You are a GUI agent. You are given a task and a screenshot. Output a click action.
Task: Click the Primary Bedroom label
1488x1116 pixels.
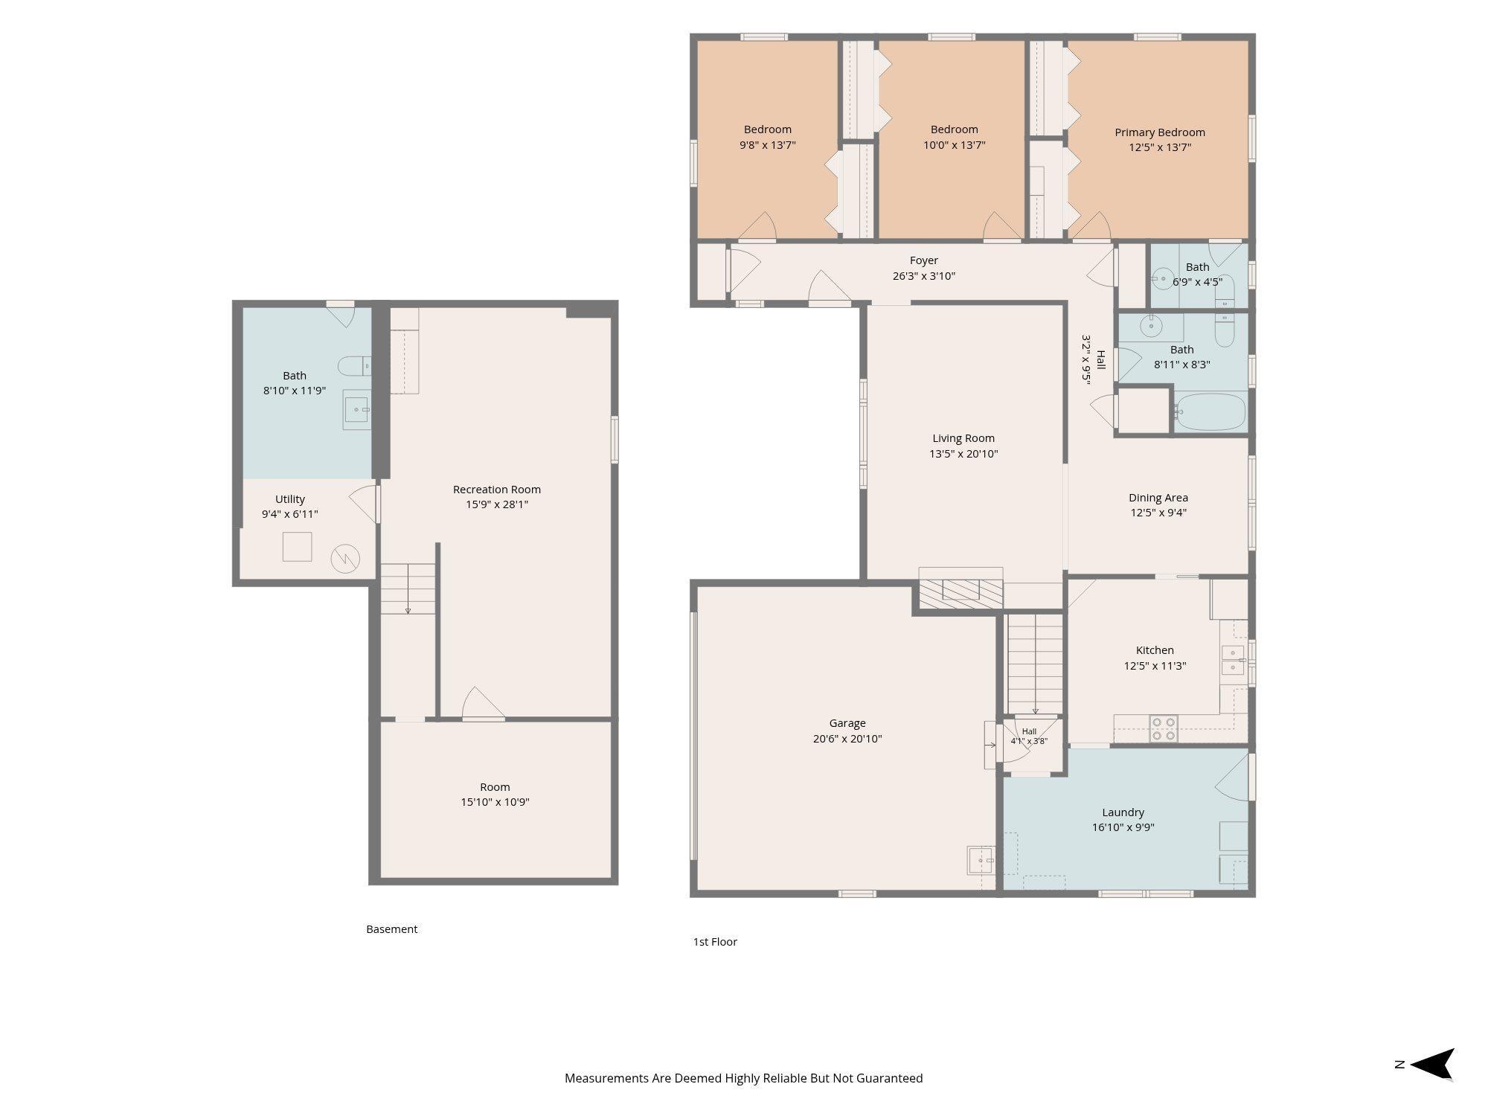pos(1159,132)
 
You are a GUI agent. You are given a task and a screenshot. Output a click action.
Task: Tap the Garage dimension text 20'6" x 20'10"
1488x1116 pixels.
pos(847,739)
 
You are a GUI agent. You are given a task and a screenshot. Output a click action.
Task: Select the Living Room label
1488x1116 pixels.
pos(963,438)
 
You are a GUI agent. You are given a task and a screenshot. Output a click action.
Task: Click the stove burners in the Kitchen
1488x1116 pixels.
pos(1164,729)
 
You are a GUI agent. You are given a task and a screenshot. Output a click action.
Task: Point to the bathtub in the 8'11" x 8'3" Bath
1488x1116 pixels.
pos(1210,412)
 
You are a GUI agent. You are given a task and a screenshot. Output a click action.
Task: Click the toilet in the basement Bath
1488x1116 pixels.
pos(354,366)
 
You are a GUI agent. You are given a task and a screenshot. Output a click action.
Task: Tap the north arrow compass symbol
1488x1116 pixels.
pos(1431,1064)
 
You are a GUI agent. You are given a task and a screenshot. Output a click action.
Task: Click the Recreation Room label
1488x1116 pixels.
pos(497,490)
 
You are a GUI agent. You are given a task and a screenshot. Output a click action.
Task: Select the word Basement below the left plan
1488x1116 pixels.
pos(392,929)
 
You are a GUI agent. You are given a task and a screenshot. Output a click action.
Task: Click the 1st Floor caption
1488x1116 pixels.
pos(715,942)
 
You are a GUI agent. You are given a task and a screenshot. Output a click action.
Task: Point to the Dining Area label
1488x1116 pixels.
pos(1158,498)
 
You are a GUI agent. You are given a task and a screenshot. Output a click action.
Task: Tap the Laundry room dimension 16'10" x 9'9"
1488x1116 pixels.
pos(1123,827)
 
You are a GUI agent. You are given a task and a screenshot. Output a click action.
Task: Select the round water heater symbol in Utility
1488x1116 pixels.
pos(345,559)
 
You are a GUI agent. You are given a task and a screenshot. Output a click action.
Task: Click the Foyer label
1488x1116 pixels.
pos(924,260)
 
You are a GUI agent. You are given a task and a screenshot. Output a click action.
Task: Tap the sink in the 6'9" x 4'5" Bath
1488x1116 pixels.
pos(1162,280)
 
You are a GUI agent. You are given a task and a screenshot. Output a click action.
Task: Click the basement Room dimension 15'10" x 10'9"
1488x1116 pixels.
pos(495,802)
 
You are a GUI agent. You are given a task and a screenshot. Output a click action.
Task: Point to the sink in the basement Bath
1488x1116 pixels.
pos(356,409)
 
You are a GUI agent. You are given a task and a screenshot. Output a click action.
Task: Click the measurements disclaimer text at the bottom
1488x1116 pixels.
pos(743,1078)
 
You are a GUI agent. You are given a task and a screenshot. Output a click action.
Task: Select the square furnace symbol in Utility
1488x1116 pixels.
pos(297,547)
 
